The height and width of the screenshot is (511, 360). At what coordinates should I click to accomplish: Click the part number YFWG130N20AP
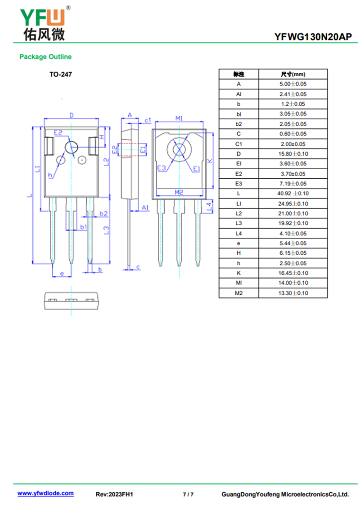click(x=313, y=37)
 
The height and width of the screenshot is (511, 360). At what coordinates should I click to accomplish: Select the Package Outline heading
click(x=45, y=57)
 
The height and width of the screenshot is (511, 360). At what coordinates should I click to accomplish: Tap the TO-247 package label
click(x=60, y=74)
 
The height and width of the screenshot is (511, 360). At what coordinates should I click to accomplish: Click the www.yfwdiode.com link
click(x=45, y=493)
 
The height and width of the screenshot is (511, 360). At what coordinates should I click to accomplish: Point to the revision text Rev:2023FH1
click(x=114, y=494)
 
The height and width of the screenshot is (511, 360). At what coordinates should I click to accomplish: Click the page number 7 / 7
click(x=188, y=494)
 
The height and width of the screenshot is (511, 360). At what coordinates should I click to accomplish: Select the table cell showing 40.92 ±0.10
click(x=293, y=194)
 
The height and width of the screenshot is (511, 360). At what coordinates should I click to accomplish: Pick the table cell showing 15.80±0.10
click(x=293, y=154)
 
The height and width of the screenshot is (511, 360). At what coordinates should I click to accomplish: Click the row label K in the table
click(x=238, y=273)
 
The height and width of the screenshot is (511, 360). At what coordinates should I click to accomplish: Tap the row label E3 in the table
click(x=238, y=184)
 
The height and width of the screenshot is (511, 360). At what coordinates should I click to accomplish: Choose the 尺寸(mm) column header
click(x=293, y=74)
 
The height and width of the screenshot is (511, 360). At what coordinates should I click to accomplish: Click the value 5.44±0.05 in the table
click(x=293, y=243)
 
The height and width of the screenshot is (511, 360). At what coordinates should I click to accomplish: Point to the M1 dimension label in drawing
click(x=179, y=118)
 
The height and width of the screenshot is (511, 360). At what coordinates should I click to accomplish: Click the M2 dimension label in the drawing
click(x=179, y=192)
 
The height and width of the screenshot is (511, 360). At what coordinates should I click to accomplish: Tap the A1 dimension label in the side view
click(x=145, y=208)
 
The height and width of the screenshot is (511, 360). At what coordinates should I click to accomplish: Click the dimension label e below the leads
click(x=62, y=273)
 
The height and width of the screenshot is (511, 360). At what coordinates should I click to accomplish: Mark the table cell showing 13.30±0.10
click(x=293, y=293)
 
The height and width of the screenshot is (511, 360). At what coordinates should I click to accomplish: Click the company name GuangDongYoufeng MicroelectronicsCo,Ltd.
click(x=285, y=494)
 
